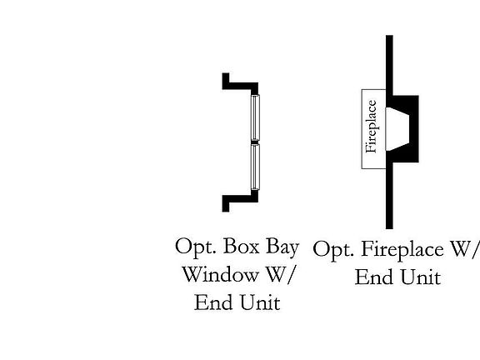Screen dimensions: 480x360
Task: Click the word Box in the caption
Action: coord(242,247)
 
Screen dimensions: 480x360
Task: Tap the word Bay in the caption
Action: coord(282,248)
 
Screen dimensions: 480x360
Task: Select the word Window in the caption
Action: coord(220,275)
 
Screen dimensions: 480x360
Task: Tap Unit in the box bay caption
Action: coord(260,302)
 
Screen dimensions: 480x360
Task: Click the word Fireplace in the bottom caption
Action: coord(402,250)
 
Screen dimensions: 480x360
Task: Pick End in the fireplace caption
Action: coord(374,277)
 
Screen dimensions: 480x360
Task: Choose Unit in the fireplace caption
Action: coord(421,277)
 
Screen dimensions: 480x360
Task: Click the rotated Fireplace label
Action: coord(371,127)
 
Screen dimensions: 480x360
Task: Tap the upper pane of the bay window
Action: coord(255,117)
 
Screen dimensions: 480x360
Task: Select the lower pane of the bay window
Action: coord(255,167)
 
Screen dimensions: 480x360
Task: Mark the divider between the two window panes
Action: coord(255,142)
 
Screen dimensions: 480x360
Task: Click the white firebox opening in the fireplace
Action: coord(397,129)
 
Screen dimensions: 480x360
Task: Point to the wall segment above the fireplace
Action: coord(389,65)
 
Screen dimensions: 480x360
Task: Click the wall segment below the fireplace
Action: coord(389,196)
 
